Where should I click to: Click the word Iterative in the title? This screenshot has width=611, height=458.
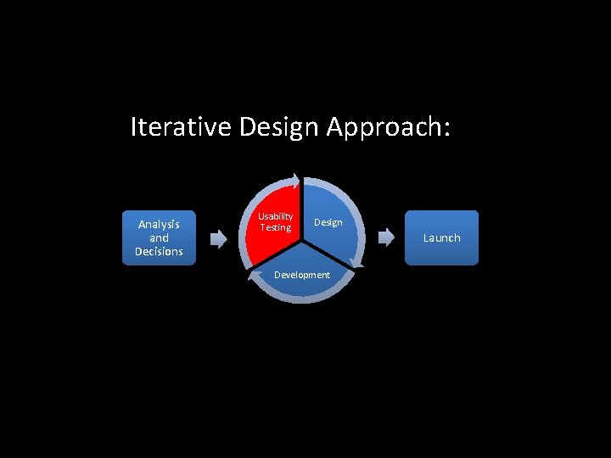coord(182,127)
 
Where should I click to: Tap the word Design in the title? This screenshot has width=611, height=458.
coord(279,127)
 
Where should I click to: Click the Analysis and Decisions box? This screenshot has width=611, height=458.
coord(159,237)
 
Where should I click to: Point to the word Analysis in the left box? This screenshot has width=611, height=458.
coord(159,224)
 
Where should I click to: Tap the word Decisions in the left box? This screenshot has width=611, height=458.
coord(159,252)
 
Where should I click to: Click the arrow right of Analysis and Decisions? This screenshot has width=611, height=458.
coord(219,238)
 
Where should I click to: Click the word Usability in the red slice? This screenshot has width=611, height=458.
coord(276,217)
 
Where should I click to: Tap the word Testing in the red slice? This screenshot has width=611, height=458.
coord(276,227)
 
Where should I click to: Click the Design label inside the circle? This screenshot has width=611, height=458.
coord(328,222)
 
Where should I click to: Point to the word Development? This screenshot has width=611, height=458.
coord(302,275)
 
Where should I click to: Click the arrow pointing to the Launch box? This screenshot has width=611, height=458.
coord(386,238)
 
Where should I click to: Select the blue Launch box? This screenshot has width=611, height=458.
coord(441,237)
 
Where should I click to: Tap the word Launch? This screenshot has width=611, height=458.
coord(441,237)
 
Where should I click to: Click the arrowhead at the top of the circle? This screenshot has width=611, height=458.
coord(293,180)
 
